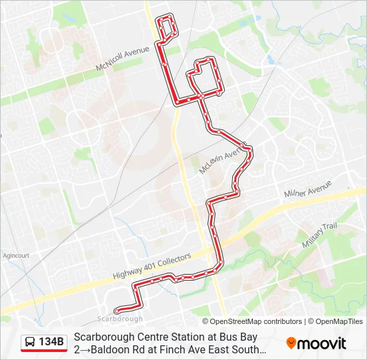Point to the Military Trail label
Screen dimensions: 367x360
click(320, 235)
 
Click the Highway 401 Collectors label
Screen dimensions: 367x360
click(151, 265)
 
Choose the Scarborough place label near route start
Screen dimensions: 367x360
click(119, 319)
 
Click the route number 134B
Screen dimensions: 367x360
click(51, 343)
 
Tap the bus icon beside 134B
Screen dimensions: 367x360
click(30, 343)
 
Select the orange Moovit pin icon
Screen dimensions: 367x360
click(291, 343)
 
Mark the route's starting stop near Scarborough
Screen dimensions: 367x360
click(117, 310)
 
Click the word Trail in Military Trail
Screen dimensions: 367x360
click(330, 229)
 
